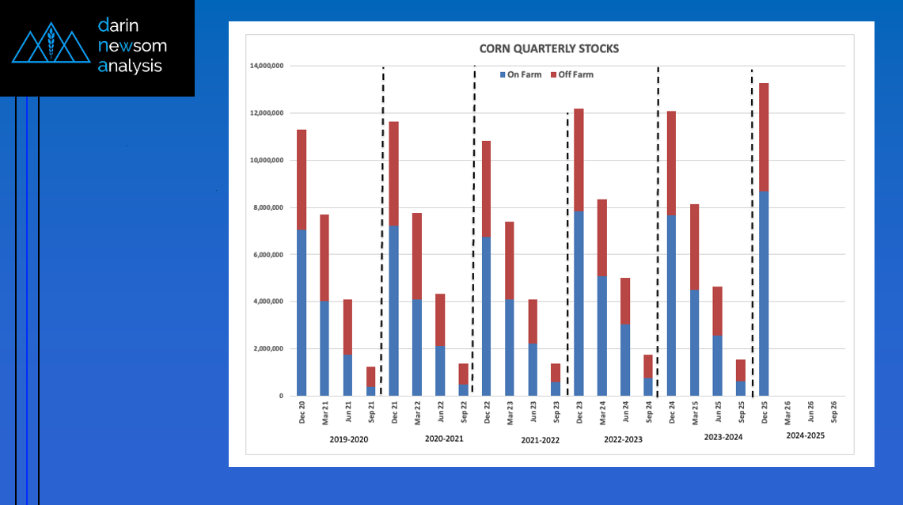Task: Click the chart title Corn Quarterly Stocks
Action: tap(548, 49)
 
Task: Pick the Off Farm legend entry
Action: tap(575, 75)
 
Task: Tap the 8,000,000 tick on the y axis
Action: tap(267, 207)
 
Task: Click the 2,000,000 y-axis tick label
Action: tap(267, 349)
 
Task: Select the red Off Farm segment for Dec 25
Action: tap(764, 137)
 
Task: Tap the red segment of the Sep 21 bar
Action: tap(371, 377)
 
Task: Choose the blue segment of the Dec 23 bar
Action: tap(579, 304)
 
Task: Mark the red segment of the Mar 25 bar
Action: tap(694, 247)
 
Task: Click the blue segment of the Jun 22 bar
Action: tap(440, 371)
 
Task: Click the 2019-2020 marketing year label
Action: tap(349, 439)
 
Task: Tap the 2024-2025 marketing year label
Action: tap(806, 436)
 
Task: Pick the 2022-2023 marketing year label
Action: tap(623, 439)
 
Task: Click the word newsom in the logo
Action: tap(132, 46)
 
